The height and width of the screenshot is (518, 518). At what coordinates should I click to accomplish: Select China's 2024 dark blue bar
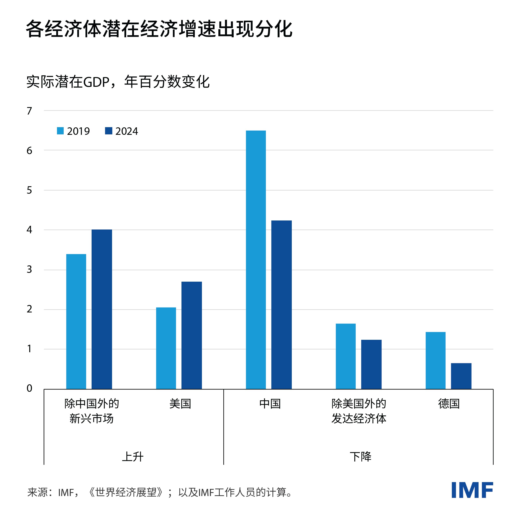click(x=281, y=305)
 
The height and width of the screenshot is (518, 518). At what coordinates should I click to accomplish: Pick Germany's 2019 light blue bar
click(x=435, y=360)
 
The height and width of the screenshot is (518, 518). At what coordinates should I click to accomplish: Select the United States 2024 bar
click(x=191, y=335)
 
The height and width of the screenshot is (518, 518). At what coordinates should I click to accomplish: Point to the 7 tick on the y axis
click(x=29, y=111)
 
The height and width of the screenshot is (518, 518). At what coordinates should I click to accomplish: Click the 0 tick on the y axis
click(x=29, y=388)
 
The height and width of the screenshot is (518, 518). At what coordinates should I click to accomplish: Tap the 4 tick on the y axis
click(x=29, y=230)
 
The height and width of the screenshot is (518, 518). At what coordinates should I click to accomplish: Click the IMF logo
click(x=472, y=490)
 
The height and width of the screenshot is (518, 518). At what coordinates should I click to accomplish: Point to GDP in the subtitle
click(x=97, y=82)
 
